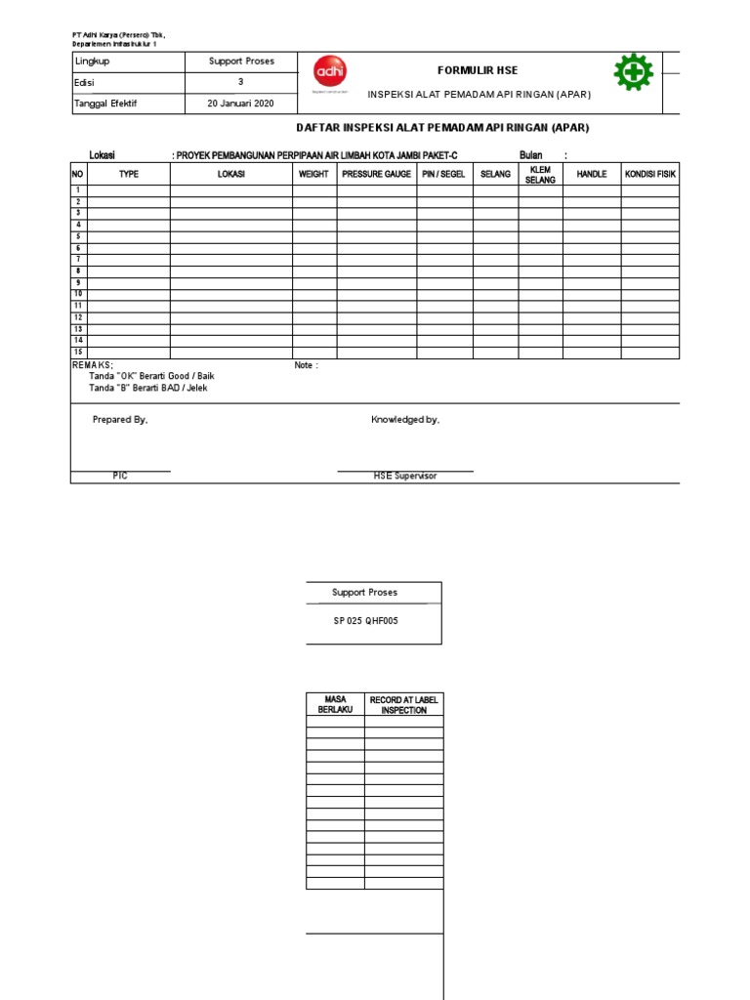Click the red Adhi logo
pos(329,72)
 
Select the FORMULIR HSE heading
pos(478,70)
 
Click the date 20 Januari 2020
pos(240,104)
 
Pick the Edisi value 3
pos(240,82)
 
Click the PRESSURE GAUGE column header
pos(376,174)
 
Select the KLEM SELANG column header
pos(540,175)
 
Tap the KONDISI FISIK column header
pos(650,174)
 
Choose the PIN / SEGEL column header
pos(444,174)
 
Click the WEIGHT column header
pos(313,174)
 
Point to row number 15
pos(78,352)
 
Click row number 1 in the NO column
pos(78,189)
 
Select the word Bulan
pos(530,155)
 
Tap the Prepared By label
pos(120,420)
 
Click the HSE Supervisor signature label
pos(404,476)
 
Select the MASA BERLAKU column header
pos(335,705)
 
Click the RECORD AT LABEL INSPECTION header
pos(403,705)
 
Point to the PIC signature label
pos(120,476)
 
